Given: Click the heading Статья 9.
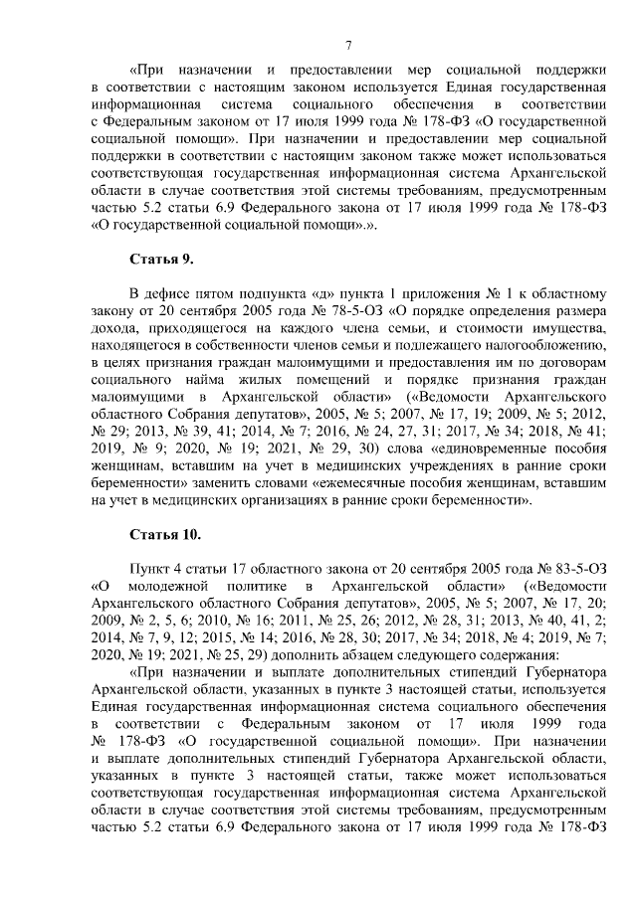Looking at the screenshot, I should [161, 260].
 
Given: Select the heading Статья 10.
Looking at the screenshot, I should [165, 534].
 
